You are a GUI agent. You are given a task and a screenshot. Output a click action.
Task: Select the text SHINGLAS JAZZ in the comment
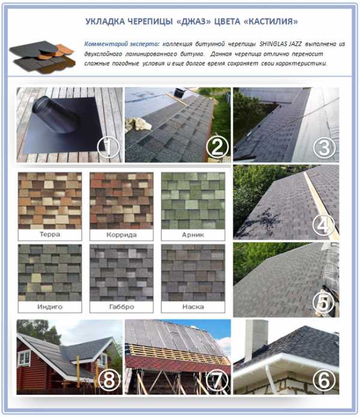pos(281,44)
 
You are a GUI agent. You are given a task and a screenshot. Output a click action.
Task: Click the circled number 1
pos(108,147)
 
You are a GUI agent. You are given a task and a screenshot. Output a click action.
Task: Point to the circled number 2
pos(217,147)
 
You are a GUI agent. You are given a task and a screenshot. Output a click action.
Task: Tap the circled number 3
pos(324,148)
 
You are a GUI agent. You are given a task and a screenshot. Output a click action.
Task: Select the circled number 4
pos(323,226)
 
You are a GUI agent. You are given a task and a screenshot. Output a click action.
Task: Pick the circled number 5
pos(323,302)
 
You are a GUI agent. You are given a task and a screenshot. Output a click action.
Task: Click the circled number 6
pos(324,380)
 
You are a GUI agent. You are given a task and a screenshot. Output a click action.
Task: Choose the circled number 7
pos(217,380)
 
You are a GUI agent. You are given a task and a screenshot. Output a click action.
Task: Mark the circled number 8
pos(109,380)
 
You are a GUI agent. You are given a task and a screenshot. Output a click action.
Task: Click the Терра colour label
pos(50,234)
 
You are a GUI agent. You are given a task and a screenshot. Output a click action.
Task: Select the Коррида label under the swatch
pos(122,235)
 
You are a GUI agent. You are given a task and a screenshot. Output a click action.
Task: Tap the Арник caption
pos(193,235)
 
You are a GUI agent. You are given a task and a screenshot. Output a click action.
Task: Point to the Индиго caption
pos(50,307)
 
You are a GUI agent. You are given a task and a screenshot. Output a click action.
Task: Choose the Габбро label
pos(122,307)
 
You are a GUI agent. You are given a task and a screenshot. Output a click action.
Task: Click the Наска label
pos(193,307)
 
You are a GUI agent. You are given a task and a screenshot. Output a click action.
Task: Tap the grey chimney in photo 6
pos(255,340)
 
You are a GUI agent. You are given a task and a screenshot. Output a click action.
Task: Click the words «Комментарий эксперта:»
pos(122,44)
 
